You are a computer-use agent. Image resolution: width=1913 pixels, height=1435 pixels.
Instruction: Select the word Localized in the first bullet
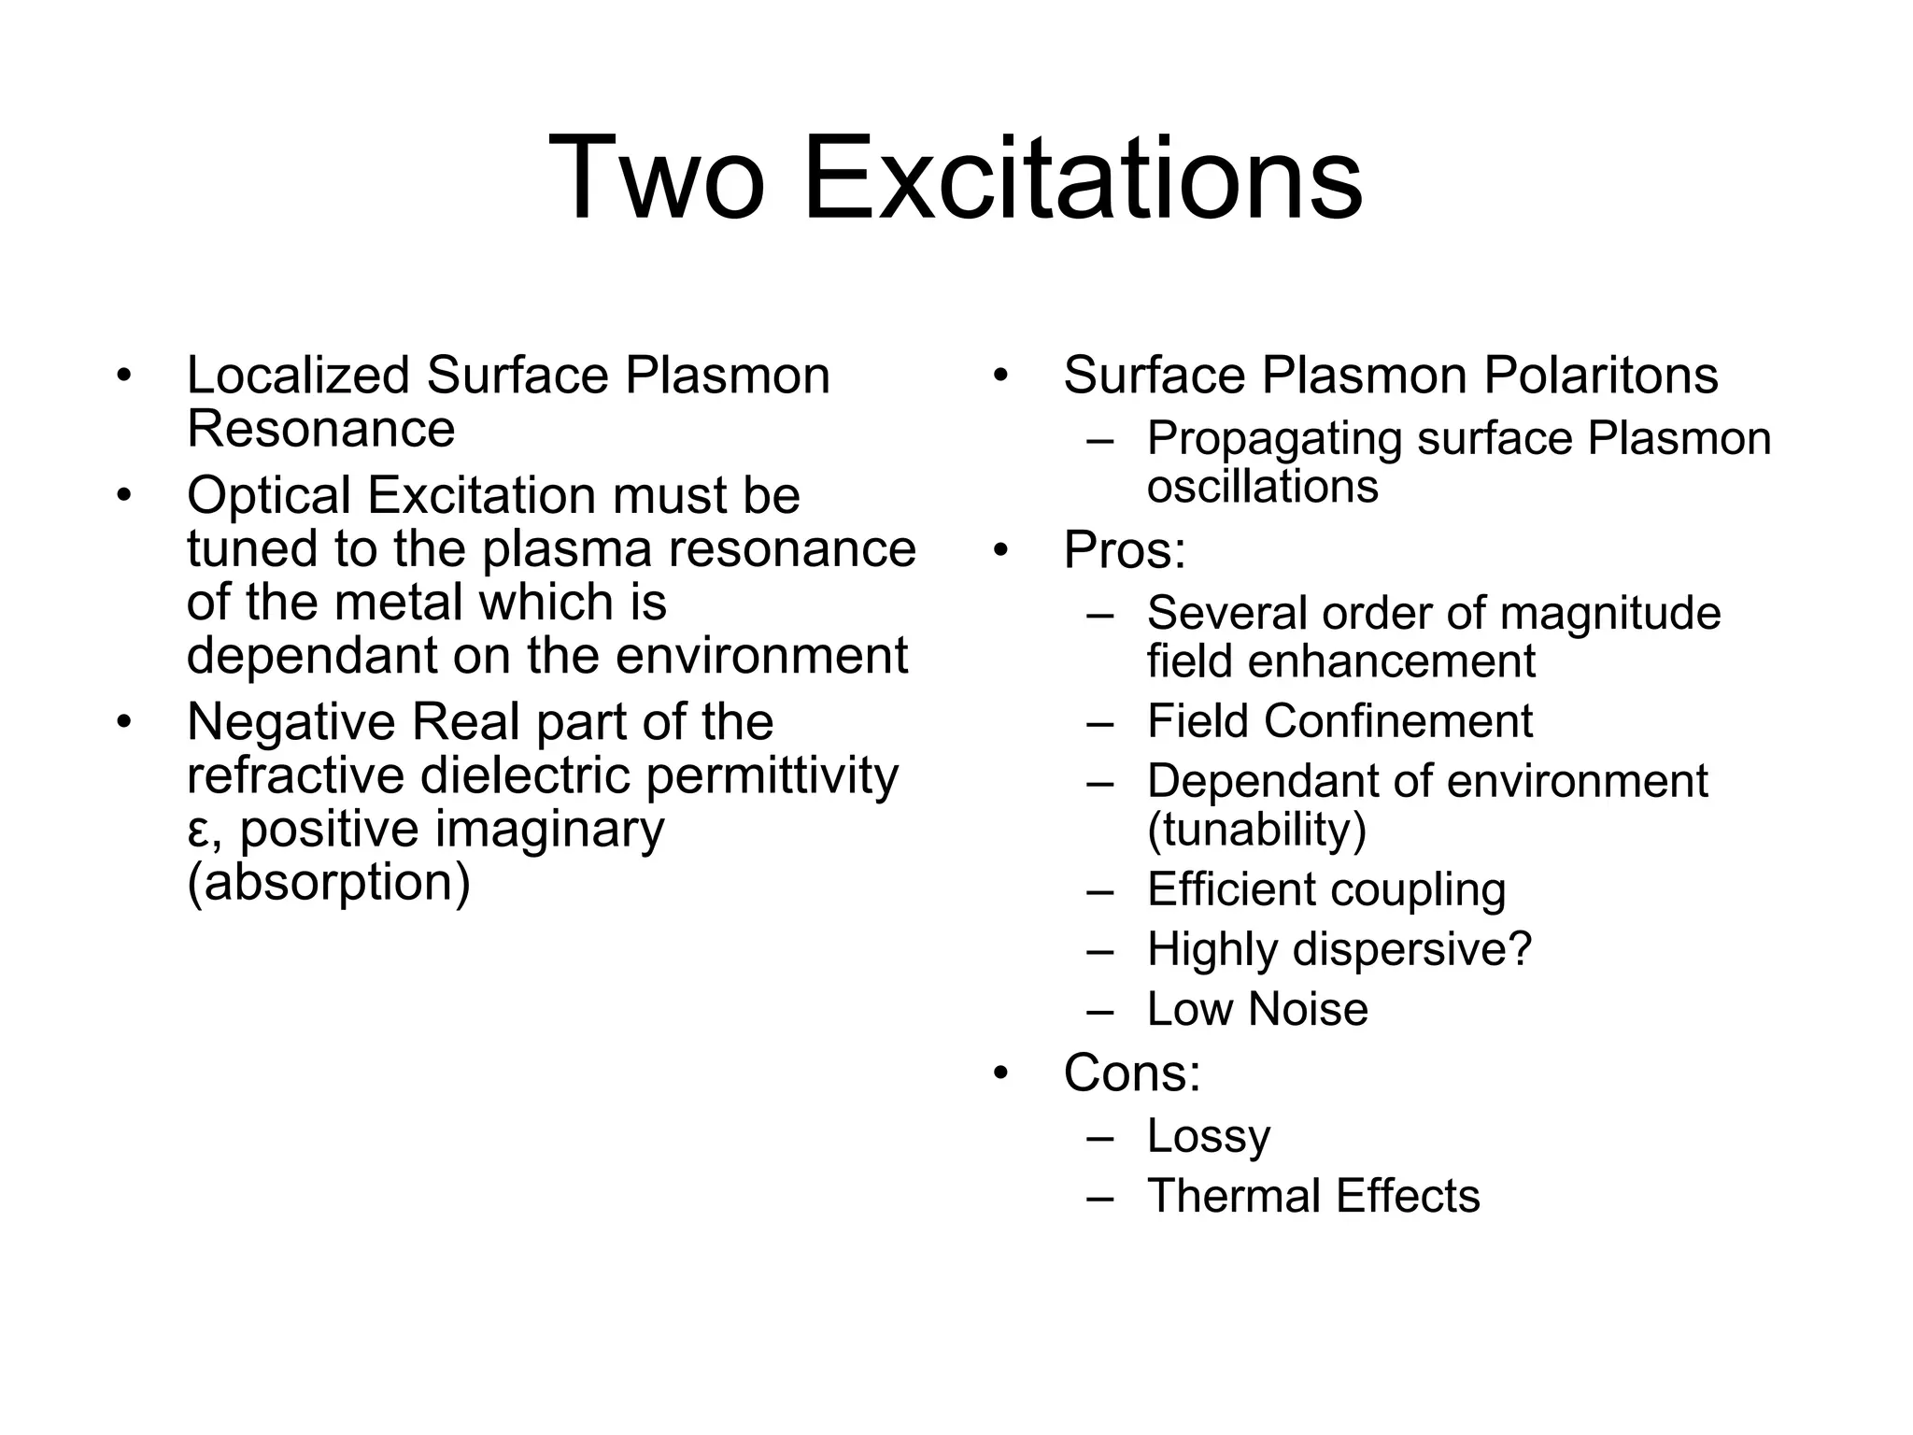point(298,376)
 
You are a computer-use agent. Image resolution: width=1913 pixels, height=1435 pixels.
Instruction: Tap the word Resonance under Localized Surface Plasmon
point(320,429)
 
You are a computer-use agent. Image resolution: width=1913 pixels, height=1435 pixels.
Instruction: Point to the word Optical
point(268,495)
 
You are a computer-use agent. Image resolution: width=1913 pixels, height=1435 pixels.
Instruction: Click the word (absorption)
point(328,883)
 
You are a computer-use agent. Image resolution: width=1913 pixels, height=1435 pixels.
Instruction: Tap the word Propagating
point(1274,439)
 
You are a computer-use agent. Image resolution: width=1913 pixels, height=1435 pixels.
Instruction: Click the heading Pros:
point(1124,549)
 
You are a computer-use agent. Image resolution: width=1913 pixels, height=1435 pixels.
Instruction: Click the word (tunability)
point(1256,829)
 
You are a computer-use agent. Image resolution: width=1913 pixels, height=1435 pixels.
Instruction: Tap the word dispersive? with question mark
point(1412,949)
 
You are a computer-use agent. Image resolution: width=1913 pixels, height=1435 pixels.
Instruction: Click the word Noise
point(1308,1009)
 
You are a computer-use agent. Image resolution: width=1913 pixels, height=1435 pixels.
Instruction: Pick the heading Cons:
point(1131,1073)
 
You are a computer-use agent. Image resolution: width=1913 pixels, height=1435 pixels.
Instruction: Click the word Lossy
point(1209,1136)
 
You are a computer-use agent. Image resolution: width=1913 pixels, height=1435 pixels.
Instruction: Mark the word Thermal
point(1233,1196)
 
